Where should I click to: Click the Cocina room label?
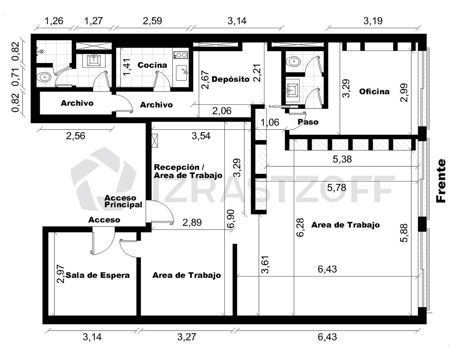(152, 65)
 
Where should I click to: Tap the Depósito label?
(231, 79)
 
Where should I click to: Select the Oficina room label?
(374, 91)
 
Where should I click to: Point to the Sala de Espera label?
(98, 275)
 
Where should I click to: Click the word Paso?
(308, 122)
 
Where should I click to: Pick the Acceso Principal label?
(123, 201)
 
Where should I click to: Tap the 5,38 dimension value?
(342, 159)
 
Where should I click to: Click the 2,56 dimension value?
(76, 136)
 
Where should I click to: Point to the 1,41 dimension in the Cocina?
(127, 67)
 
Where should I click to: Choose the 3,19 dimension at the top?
(373, 21)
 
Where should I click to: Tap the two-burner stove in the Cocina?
(181, 55)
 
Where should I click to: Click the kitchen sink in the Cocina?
(181, 73)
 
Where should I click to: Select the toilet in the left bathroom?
(44, 77)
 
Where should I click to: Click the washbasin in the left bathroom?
(93, 60)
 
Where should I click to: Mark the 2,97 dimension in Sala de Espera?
(61, 274)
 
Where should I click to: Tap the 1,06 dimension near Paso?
(270, 122)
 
